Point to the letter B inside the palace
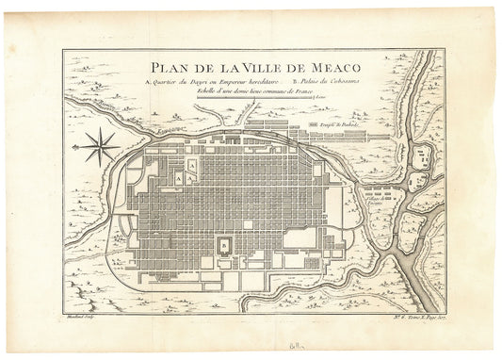(223, 246)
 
